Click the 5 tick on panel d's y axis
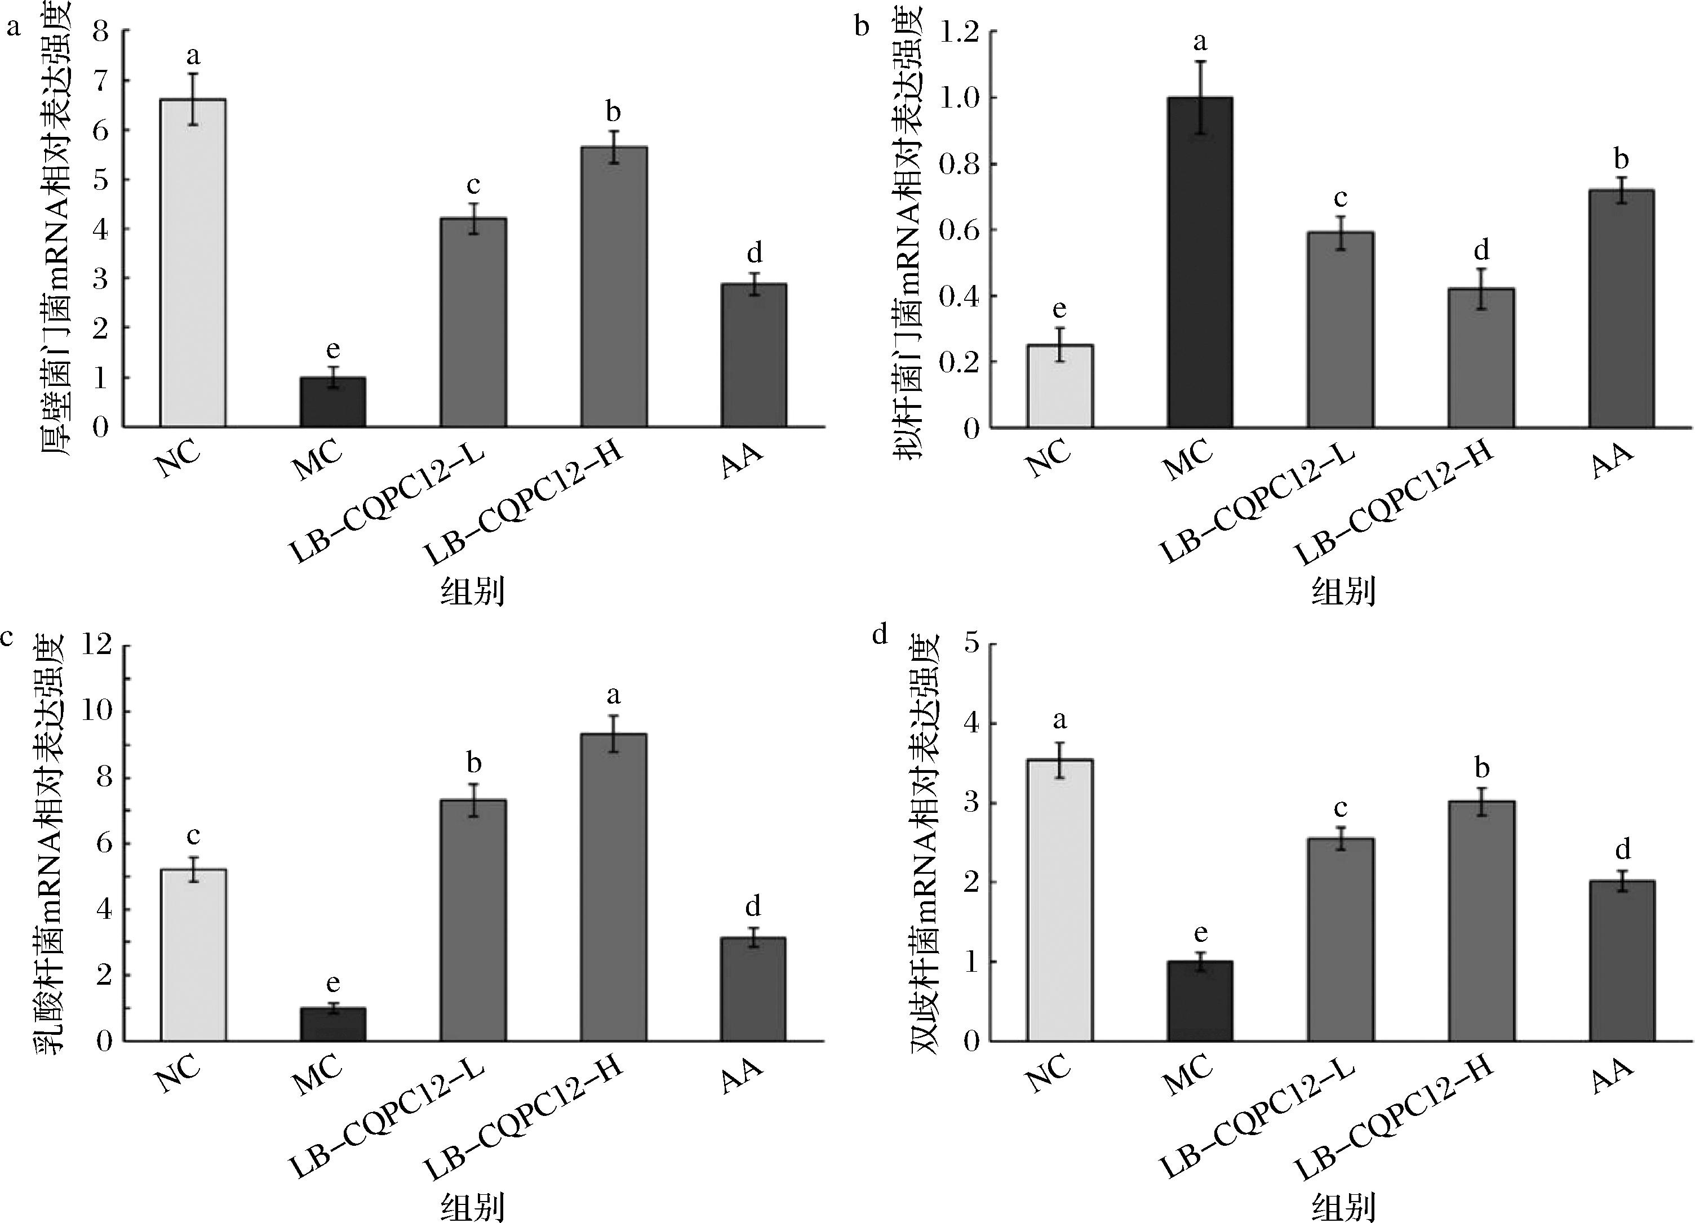coord(971,646)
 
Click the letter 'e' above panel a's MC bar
coord(334,350)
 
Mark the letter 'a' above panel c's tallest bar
coord(614,696)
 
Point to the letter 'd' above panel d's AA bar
coord(1622,850)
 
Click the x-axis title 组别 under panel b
coord(1342,592)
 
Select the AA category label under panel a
coord(742,461)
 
